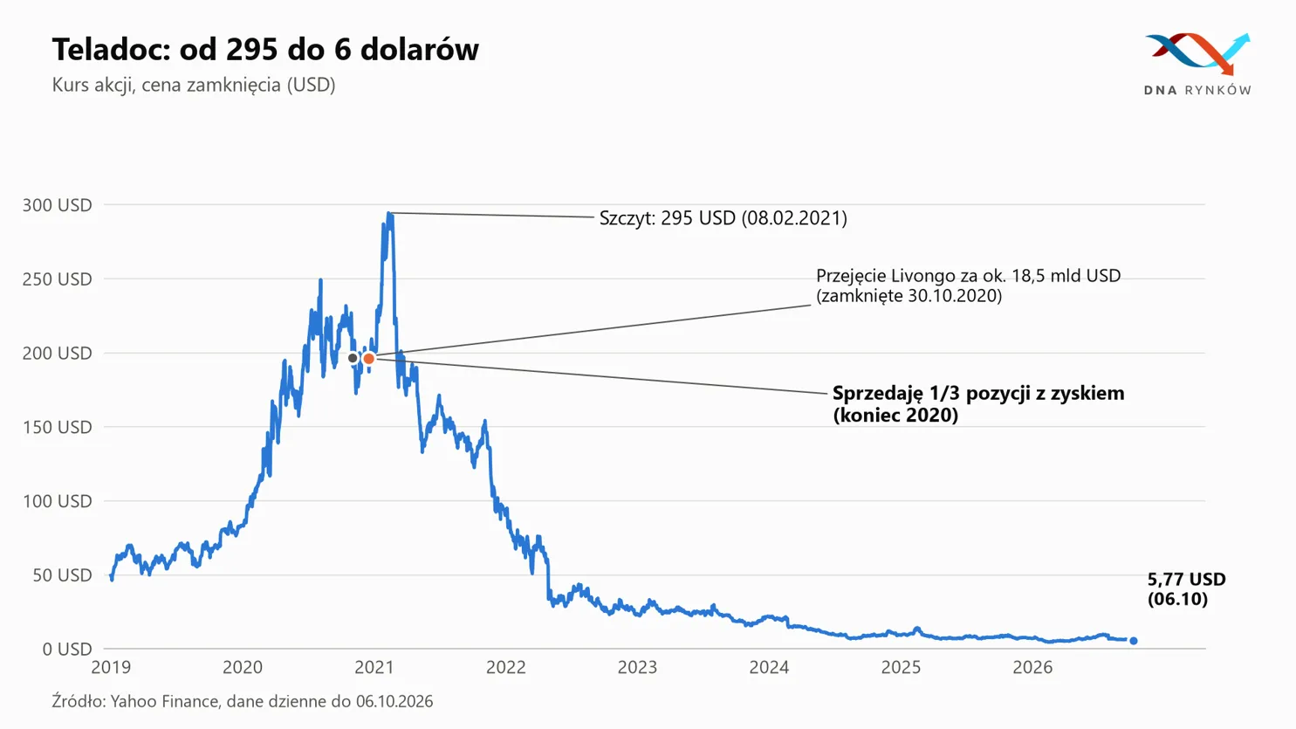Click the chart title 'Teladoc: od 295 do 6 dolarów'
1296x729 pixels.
pos(265,49)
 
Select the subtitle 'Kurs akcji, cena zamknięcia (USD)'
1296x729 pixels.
pos(194,85)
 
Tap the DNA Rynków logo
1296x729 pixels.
pos(1197,64)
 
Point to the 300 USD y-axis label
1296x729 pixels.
pos(58,205)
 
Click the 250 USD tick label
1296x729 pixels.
pos(58,279)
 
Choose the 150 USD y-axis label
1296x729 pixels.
pos(58,427)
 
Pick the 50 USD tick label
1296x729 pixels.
pos(63,575)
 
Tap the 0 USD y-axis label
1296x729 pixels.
pos(67,650)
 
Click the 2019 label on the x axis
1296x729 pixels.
pos(111,668)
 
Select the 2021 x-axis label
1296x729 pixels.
pos(374,668)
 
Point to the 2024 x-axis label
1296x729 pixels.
pos(769,668)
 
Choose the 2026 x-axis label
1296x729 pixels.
pos(1032,668)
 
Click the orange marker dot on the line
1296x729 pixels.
pos(368,359)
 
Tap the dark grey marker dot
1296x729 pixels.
pos(353,358)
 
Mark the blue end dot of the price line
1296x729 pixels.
pos(1134,641)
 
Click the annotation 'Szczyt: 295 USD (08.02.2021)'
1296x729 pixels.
pos(723,218)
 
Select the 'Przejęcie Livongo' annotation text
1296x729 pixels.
pos(969,285)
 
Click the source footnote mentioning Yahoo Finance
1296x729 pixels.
pos(243,701)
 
